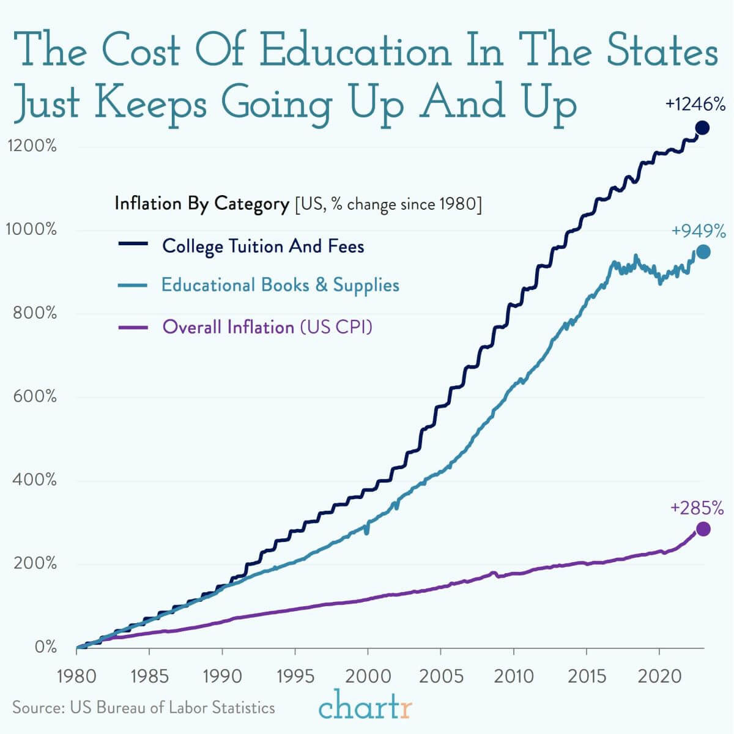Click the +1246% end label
(x=695, y=105)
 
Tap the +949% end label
(x=698, y=231)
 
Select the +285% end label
(x=697, y=508)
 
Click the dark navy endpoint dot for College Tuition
(x=702, y=128)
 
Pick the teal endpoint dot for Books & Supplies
(x=703, y=252)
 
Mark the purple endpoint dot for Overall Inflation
(x=703, y=529)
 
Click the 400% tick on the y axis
(x=34, y=480)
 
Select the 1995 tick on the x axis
(x=295, y=677)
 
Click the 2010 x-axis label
(x=513, y=677)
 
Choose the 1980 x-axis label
(x=76, y=677)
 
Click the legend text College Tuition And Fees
(x=263, y=247)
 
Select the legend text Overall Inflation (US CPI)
(x=267, y=327)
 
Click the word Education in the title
(x=355, y=51)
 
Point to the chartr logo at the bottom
(x=365, y=707)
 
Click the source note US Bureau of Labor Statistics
(x=172, y=708)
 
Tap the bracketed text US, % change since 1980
(x=388, y=204)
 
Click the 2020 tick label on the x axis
(x=659, y=677)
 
